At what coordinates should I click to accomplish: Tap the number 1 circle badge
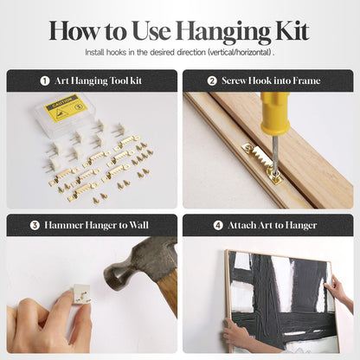pos(45,80)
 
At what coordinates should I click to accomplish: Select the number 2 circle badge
pos(212,80)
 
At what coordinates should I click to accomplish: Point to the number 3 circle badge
pos(35,225)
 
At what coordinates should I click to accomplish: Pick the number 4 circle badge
pos(218,225)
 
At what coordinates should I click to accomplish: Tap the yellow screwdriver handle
pos(275,114)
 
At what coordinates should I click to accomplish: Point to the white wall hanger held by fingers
pos(81,293)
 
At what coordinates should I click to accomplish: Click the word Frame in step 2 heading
pos(306,80)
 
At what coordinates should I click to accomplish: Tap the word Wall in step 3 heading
pos(138,225)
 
